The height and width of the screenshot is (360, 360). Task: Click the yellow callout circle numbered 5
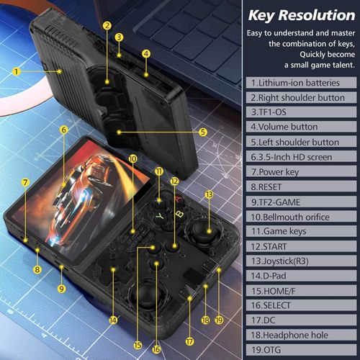click(x=203, y=132)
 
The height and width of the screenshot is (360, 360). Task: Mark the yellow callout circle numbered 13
click(x=209, y=194)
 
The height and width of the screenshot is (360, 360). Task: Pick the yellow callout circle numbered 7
click(x=24, y=182)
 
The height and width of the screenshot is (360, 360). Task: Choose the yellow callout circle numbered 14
click(x=112, y=319)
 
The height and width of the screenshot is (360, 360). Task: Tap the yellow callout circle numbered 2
click(x=107, y=25)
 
